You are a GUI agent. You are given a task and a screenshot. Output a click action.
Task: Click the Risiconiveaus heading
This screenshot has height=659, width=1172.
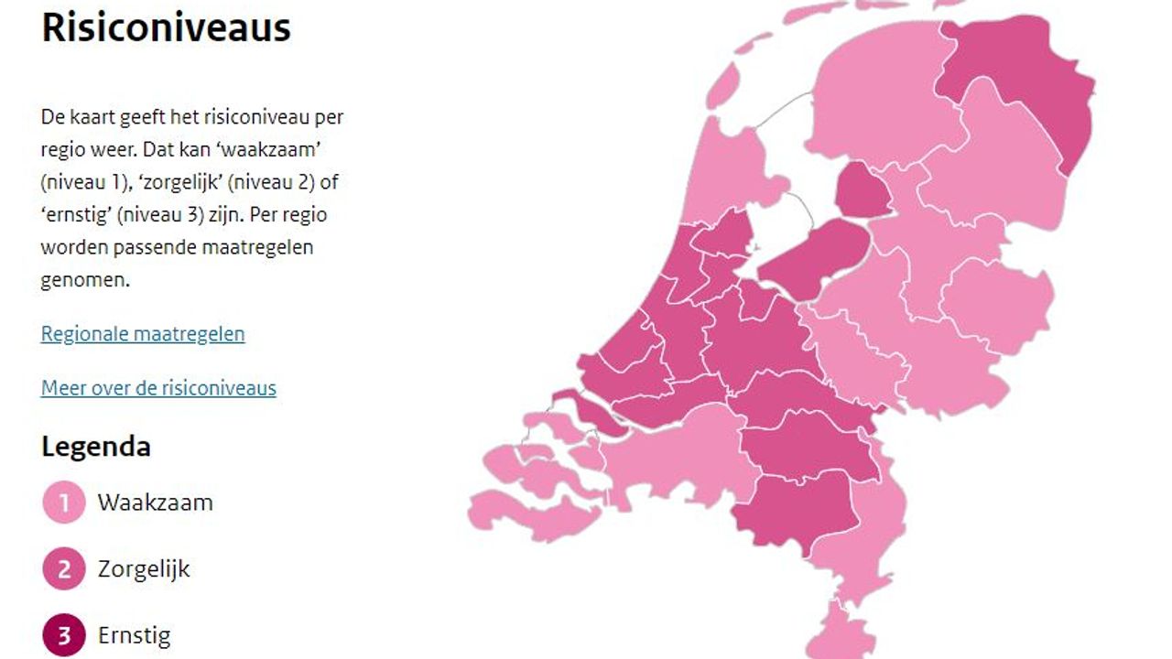click(x=166, y=28)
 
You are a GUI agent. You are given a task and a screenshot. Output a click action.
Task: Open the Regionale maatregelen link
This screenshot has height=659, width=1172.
click(x=143, y=334)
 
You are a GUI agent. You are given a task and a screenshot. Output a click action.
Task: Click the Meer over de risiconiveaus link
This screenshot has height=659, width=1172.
click(x=158, y=388)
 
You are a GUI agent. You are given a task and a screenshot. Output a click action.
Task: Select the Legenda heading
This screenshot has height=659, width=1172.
click(x=96, y=448)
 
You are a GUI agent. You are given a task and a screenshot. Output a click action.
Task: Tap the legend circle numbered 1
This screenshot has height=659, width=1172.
click(x=64, y=502)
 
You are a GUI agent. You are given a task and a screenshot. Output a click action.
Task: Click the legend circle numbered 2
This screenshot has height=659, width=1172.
click(x=64, y=569)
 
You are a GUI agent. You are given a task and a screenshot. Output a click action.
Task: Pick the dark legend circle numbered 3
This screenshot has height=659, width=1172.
click(x=64, y=635)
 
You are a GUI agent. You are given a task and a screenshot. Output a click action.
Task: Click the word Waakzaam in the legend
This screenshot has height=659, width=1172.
click(x=155, y=502)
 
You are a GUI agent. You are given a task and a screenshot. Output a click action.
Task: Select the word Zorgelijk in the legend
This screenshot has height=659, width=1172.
click(x=144, y=569)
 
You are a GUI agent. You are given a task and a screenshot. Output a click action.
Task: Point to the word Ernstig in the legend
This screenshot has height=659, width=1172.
click(x=134, y=635)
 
